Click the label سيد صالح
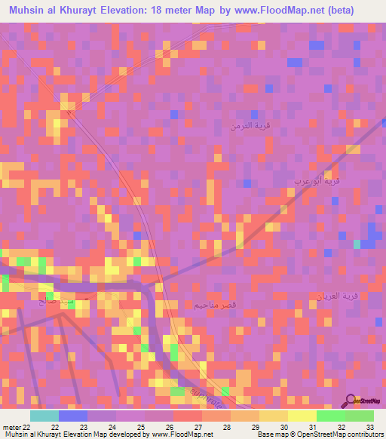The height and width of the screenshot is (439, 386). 53,301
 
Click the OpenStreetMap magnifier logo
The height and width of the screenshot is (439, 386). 351,401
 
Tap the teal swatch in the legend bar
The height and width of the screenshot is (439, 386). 44,415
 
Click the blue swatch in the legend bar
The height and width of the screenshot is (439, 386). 73,415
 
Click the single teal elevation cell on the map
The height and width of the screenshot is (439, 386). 357,243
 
